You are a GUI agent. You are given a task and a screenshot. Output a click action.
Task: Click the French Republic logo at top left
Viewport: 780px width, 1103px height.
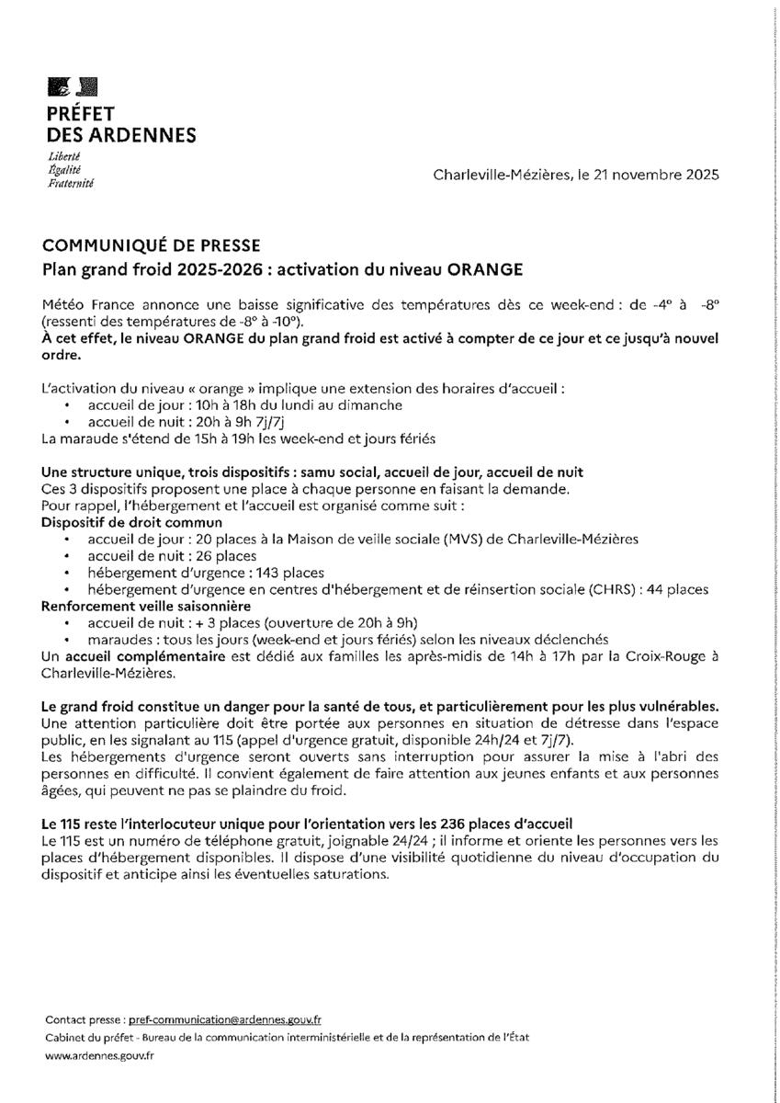[x=72, y=87]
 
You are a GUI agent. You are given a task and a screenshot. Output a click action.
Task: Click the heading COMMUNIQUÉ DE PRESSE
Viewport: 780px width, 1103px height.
[x=152, y=245]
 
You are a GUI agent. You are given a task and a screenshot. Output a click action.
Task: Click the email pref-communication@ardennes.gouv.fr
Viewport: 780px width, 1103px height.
[x=225, y=1019]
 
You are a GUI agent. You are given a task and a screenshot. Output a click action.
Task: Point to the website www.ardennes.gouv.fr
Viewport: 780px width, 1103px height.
[x=99, y=1056]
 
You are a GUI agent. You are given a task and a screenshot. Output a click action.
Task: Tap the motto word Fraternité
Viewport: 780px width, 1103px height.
[x=71, y=184]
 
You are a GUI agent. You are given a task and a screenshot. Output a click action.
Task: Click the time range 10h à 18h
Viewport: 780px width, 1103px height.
[x=214, y=404]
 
